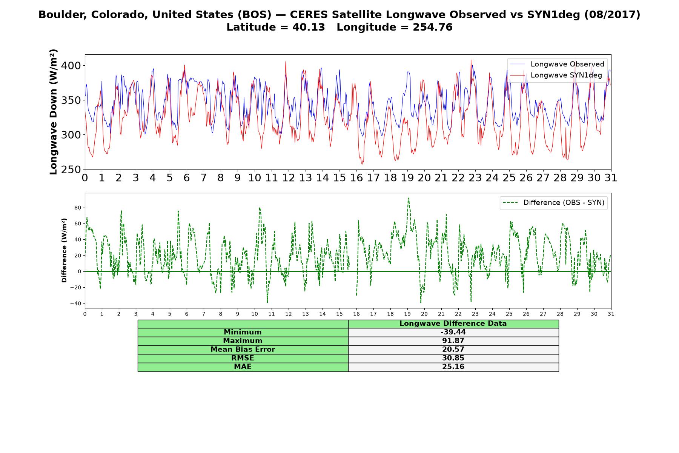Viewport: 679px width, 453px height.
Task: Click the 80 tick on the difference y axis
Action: (78, 208)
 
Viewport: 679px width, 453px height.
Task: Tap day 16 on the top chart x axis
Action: (356, 178)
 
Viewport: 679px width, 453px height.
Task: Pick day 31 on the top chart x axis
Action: (611, 178)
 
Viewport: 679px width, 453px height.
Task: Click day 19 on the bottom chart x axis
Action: (407, 314)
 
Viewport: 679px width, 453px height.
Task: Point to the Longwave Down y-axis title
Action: (53, 112)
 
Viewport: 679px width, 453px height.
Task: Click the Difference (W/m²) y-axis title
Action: (64, 250)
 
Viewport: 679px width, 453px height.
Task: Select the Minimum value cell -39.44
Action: (453, 332)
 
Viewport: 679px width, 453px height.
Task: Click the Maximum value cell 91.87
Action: (453, 341)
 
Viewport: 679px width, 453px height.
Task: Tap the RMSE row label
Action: (243, 358)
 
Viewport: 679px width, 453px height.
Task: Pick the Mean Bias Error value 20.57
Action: (453, 350)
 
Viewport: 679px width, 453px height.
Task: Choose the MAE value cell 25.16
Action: (453, 367)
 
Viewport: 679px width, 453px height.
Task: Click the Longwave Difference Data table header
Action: (453, 324)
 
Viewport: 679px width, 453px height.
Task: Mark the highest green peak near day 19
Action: (409, 198)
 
